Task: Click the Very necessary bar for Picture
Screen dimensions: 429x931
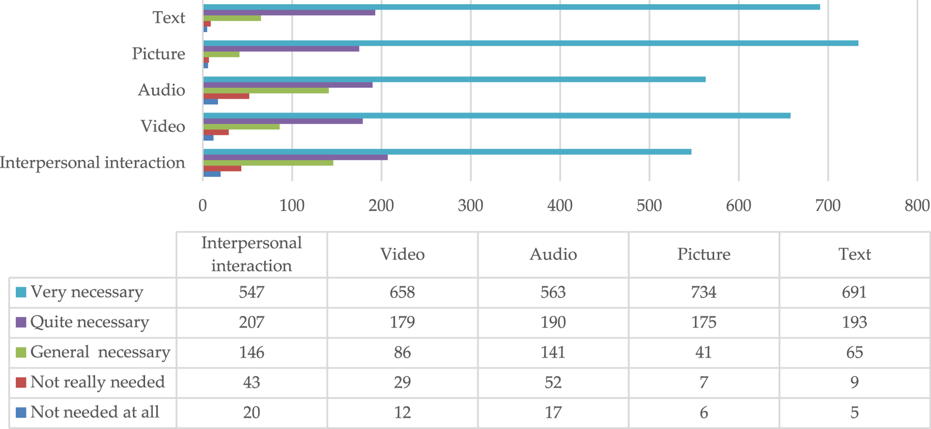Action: pyautogui.click(x=531, y=43)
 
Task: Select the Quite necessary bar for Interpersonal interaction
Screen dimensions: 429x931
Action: pyautogui.click(x=295, y=157)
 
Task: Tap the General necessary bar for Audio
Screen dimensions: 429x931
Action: pyautogui.click(x=266, y=90)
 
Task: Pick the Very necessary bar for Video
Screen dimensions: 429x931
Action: pyautogui.click(x=496, y=116)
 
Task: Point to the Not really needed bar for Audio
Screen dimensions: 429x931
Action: pyautogui.click(x=226, y=96)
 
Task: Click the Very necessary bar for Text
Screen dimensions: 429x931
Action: pyautogui.click(x=511, y=7)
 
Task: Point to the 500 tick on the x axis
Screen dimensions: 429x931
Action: pyautogui.click(x=649, y=205)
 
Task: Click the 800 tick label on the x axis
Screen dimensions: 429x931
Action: pyautogui.click(x=917, y=205)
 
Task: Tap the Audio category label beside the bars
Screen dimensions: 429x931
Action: pyautogui.click(x=161, y=90)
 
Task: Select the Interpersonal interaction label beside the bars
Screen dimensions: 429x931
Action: pyautogui.click(x=92, y=162)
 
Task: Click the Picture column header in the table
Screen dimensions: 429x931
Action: pyautogui.click(x=704, y=254)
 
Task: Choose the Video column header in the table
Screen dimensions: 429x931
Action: pyautogui.click(x=402, y=254)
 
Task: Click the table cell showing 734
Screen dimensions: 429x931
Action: pyautogui.click(x=704, y=292)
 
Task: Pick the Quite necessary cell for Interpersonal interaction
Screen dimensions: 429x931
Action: pyautogui.click(x=251, y=322)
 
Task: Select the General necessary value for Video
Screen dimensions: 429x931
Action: pyautogui.click(x=402, y=352)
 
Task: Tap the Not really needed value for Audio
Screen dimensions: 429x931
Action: pyautogui.click(x=553, y=382)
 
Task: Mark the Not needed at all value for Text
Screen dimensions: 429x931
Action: pyautogui.click(x=854, y=412)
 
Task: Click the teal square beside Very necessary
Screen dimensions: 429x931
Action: pyautogui.click(x=21, y=292)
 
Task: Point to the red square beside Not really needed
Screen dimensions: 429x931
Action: pyautogui.click(x=21, y=382)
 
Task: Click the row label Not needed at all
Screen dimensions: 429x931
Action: pyautogui.click(x=95, y=412)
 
